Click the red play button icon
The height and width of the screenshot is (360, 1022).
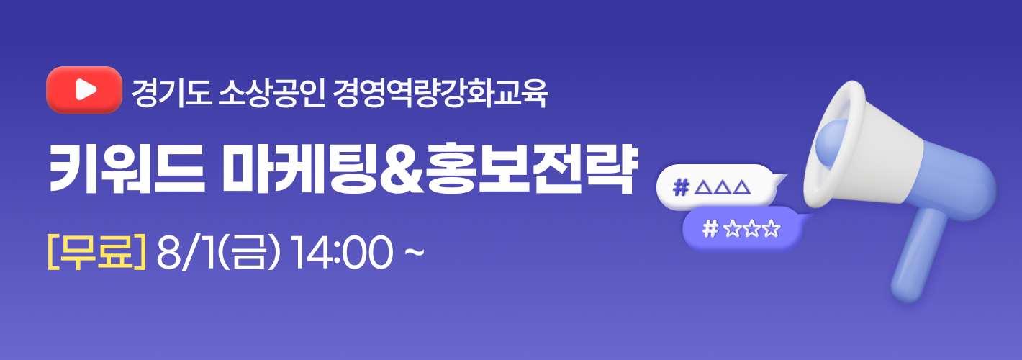tap(84, 90)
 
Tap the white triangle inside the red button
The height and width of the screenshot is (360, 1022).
tap(86, 89)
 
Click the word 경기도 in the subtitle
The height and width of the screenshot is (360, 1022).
tap(171, 94)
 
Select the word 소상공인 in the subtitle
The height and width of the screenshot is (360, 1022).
tap(271, 94)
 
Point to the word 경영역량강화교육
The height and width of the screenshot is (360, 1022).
tap(440, 94)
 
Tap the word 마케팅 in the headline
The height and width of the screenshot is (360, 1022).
tap(299, 168)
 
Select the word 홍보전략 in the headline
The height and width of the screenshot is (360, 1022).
tap(529, 168)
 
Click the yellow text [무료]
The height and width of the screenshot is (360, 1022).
tap(96, 251)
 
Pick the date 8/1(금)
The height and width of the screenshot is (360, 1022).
tap(217, 252)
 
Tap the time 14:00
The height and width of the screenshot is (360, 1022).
tap(342, 252)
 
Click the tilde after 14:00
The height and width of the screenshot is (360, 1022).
tap(415, 251)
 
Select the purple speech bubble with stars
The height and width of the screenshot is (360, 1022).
tap(743, 228)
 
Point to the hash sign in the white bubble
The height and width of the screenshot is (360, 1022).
tap(681, 187)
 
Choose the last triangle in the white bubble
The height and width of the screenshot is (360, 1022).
tap(742, 187)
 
